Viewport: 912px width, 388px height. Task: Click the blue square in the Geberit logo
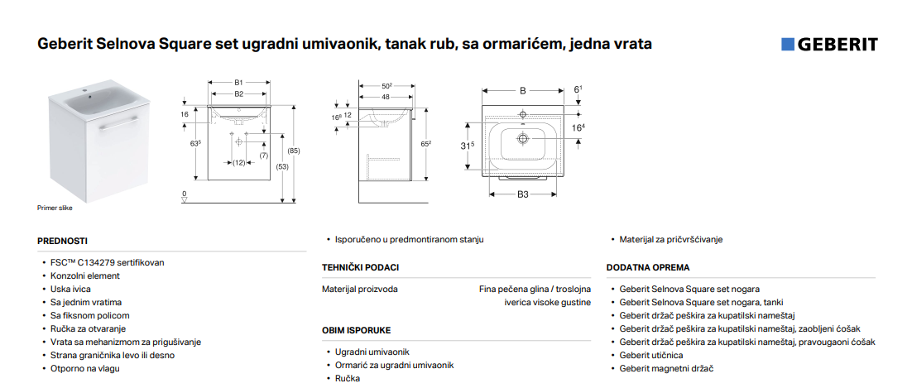(788, 45)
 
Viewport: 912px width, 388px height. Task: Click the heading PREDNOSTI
(62, 241)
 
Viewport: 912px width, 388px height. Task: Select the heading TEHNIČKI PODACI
(360, 267)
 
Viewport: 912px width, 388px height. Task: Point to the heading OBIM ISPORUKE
(356, 330)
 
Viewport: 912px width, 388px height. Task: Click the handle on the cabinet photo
(118, 122)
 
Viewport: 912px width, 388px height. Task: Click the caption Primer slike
(55, 208)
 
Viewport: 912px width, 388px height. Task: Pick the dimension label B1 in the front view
(238, 83)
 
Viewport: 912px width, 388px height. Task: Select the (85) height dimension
(295, 151)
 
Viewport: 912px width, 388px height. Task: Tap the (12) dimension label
(238, 163)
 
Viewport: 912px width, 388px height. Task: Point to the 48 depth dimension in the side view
(386, 97)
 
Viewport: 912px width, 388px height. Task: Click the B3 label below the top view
(523, 194)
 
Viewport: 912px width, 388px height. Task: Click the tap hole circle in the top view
(523, 114)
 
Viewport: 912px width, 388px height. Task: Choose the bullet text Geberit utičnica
(650, 356)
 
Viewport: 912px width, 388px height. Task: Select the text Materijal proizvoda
(360, 289)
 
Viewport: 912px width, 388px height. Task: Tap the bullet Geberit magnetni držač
(666, 369)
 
